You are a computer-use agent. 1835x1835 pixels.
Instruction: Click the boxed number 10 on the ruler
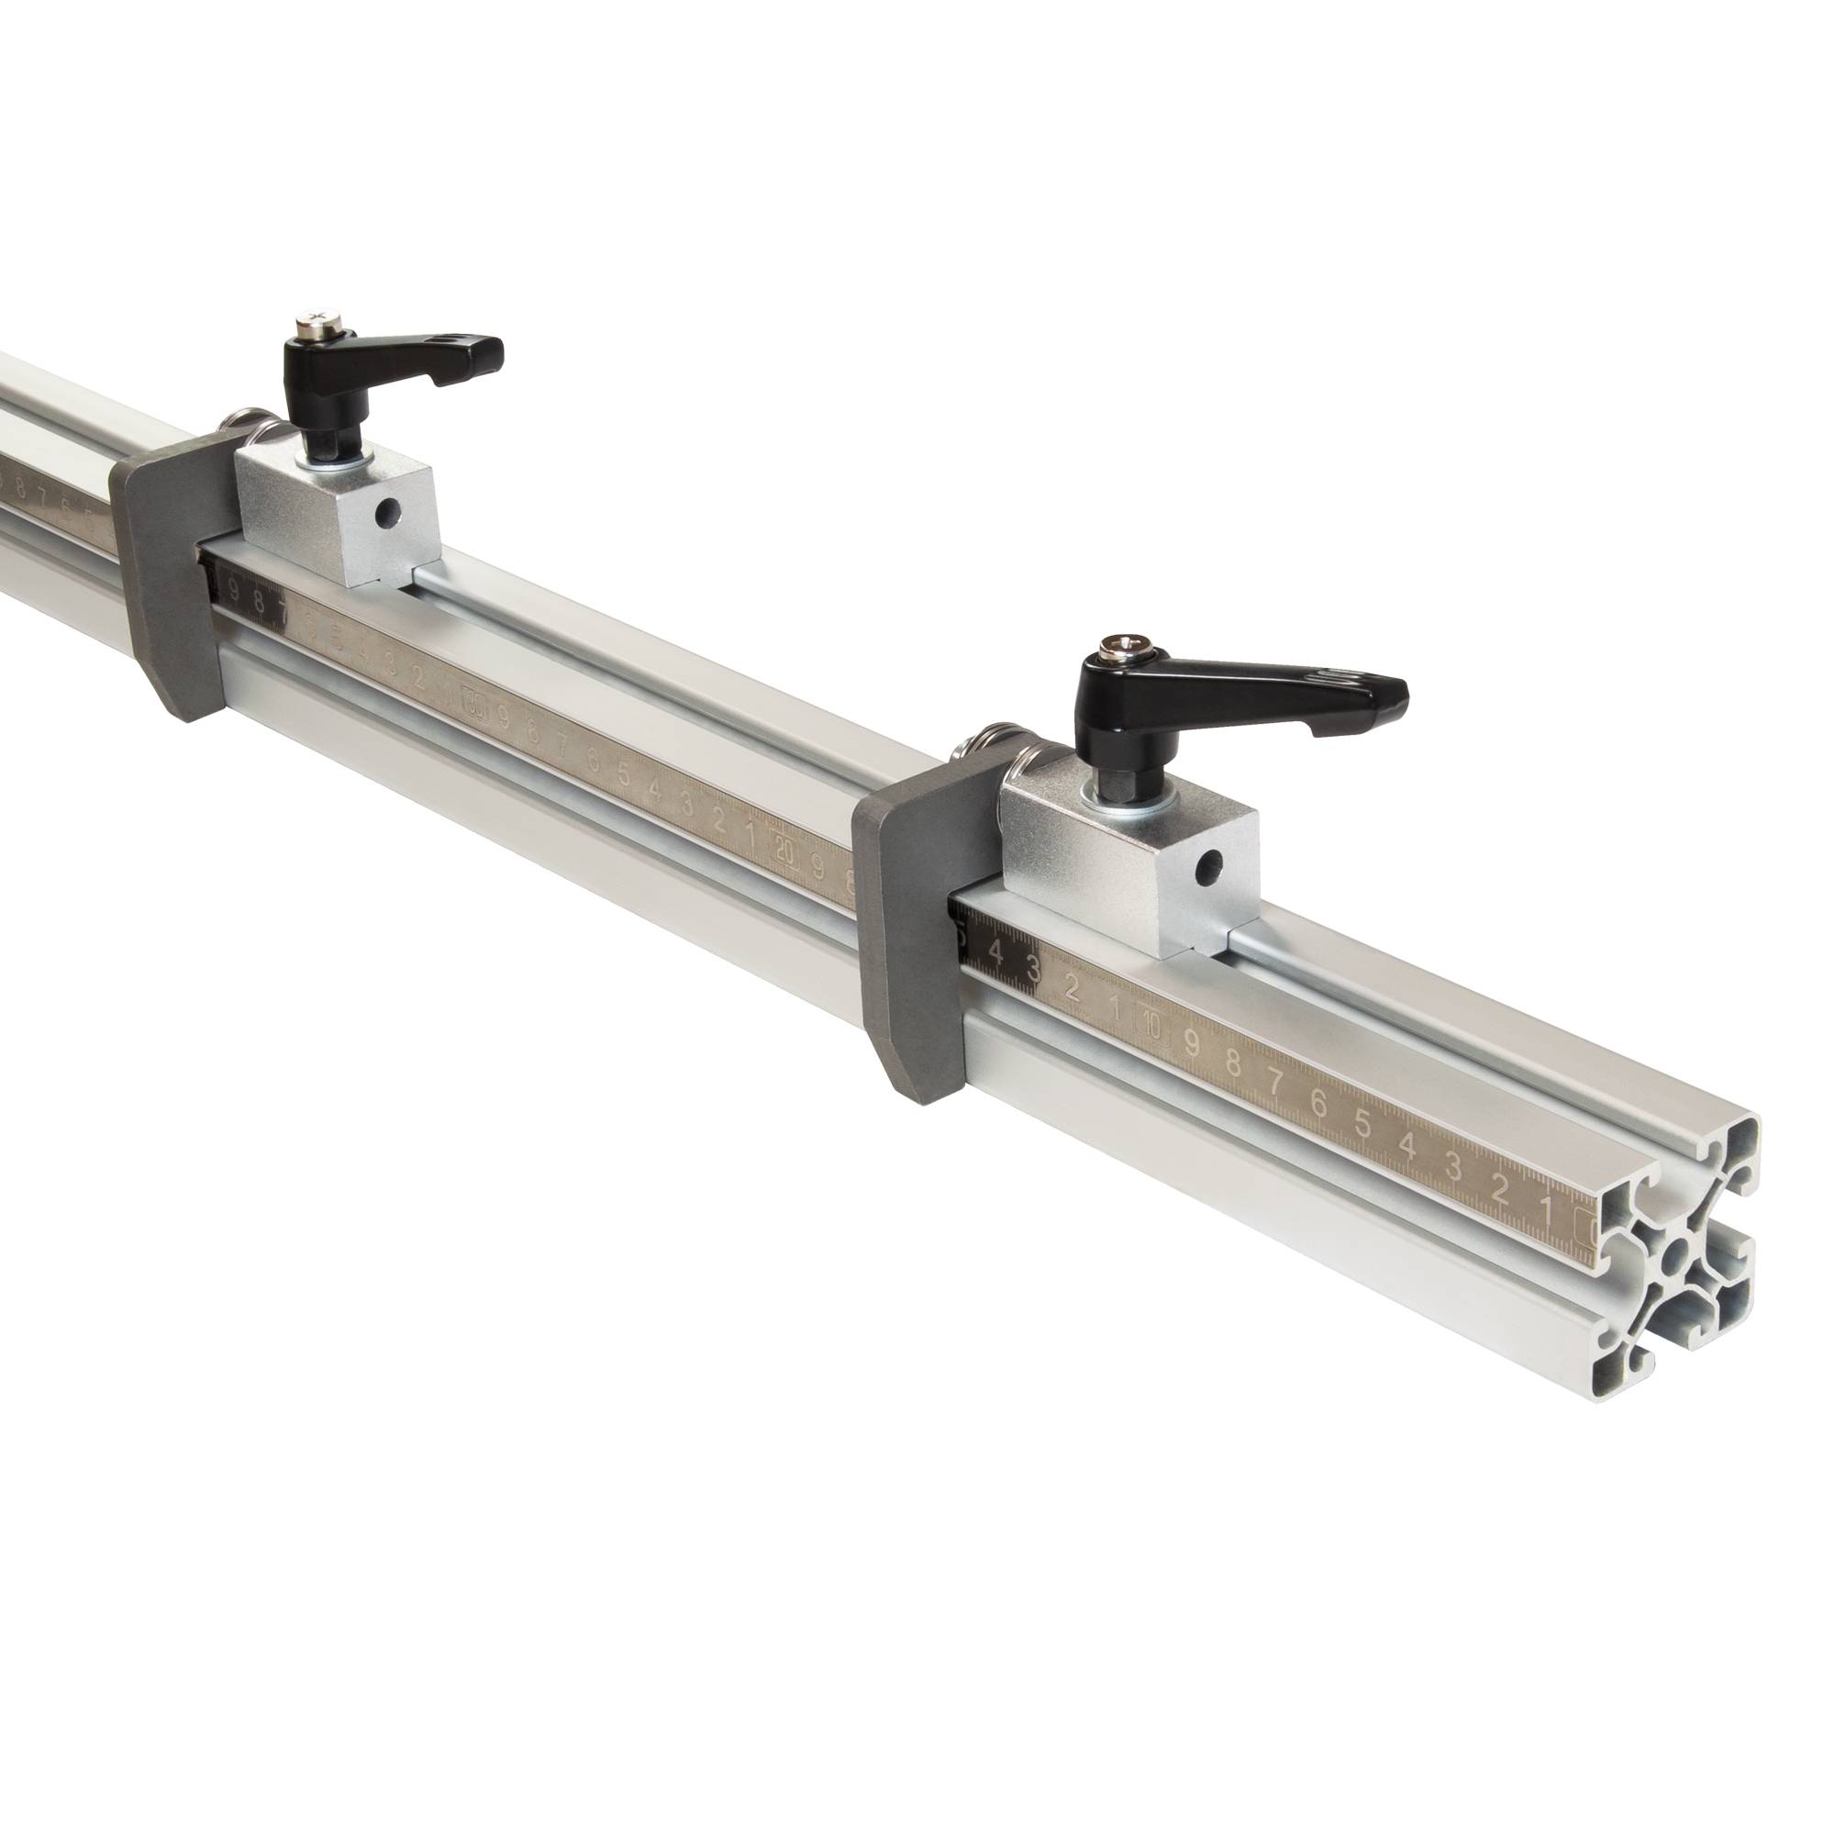click(x=1152, y=1025)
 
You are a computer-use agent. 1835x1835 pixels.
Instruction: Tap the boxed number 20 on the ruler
click(x=784, y=851)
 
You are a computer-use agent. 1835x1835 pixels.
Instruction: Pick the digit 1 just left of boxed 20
click(x=751, y=836)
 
